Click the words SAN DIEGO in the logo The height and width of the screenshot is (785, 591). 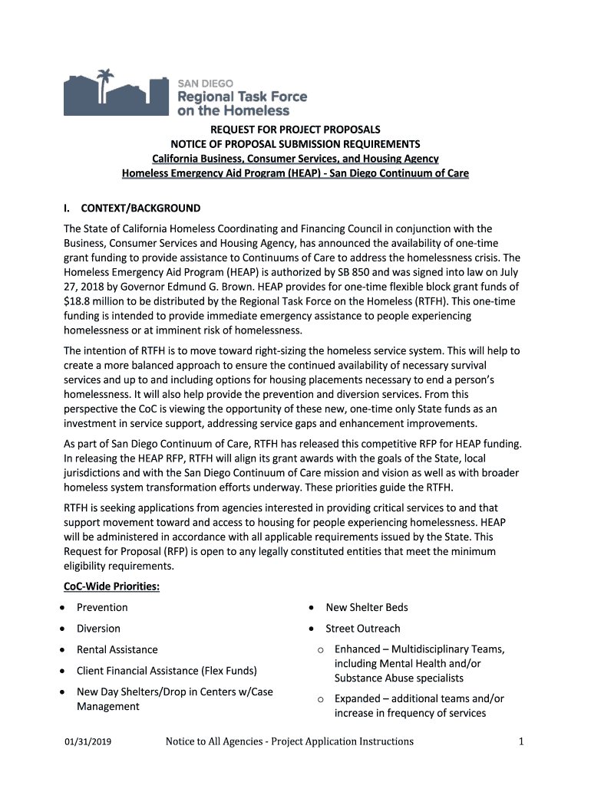tap(206, 83)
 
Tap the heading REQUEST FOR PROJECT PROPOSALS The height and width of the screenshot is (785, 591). tap(295, 130)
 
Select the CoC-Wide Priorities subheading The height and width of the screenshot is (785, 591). tap(111, 586)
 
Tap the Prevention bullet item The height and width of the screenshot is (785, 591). tap(102, 607)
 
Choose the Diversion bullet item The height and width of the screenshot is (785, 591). tap(98, 629)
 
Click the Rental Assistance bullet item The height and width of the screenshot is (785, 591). tap(117, 649)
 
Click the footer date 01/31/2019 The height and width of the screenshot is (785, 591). tap(89, 741)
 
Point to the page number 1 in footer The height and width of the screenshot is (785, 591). tap(520, 741)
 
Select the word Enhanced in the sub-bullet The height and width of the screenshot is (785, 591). tap(357, 649)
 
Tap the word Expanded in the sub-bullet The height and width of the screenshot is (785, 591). tap(358, 698)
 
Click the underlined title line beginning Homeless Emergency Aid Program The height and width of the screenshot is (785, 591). tap(295, 173)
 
